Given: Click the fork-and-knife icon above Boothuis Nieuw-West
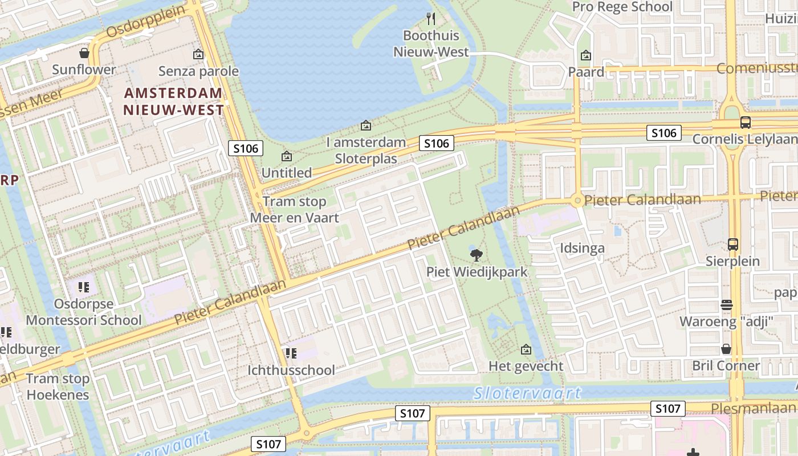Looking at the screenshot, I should (431, 19).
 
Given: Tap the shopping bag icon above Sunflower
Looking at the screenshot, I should (84, 53).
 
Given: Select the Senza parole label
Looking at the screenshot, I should (198, 71).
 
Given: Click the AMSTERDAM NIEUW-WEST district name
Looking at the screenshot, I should (174, 101).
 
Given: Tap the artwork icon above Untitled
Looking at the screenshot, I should (287, 156).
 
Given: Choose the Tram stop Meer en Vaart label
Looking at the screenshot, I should (294, 209).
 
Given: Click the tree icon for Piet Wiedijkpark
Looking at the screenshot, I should (477, 255).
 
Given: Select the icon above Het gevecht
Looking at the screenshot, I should (526, 349).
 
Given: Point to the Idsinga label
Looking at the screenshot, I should (582, 248).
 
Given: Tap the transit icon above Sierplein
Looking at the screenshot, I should (733, 245).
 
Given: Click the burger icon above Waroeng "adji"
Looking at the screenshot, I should (726, 304).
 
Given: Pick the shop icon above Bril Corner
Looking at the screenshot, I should (726, 348).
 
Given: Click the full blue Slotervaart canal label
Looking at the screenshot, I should (527, 393).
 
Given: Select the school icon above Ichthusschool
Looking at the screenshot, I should (291, 353).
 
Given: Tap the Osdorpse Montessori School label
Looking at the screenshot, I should (83, 312).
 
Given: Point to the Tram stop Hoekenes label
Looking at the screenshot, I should (58, 386).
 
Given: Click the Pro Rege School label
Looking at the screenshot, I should (622, 7).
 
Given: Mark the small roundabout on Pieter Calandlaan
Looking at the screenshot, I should (577, 200).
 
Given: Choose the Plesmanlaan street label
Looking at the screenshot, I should (752, 408).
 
